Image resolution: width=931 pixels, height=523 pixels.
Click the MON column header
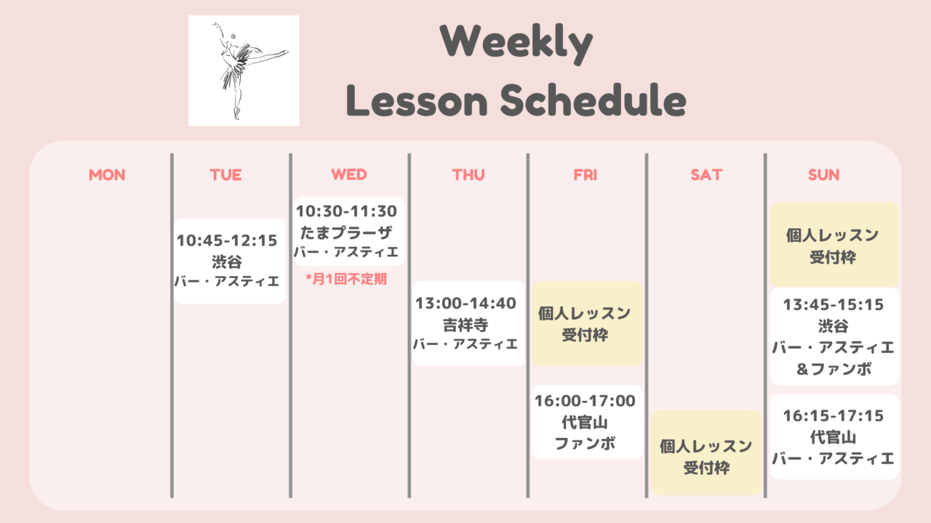pos(107,175)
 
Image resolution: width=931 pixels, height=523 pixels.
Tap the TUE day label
pos(225,175)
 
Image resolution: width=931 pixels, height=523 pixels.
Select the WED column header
pos(349,174)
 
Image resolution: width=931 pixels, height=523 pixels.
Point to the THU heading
pos(468,175)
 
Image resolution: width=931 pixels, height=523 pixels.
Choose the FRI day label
pos(586,175)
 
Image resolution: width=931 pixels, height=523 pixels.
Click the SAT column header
pos(706,175)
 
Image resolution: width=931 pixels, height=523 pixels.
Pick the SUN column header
pos(824,175)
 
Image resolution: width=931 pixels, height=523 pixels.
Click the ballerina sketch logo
pos(244,70)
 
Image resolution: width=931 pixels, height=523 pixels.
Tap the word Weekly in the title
pos(516,43)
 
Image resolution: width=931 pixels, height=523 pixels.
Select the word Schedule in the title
pos(593,100)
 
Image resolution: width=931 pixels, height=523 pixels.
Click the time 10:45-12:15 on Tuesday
pos(227,240)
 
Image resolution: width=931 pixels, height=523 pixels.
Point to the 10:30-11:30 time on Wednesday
pos(347,211)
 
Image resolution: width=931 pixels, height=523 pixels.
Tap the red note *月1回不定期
pos(346,279)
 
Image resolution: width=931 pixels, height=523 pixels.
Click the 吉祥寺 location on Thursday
pos(465,325)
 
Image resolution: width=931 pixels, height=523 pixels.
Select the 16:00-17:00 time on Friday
pos(586,401)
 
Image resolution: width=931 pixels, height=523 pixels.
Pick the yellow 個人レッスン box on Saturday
pos(706,453)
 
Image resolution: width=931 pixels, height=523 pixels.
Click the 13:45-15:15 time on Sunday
pos(834,305)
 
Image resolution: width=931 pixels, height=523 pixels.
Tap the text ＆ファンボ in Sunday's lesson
pos(834,369)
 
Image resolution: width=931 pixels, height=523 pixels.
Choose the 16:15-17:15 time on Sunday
pos(834,416)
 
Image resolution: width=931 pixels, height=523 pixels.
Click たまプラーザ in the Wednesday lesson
pos(346,233)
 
